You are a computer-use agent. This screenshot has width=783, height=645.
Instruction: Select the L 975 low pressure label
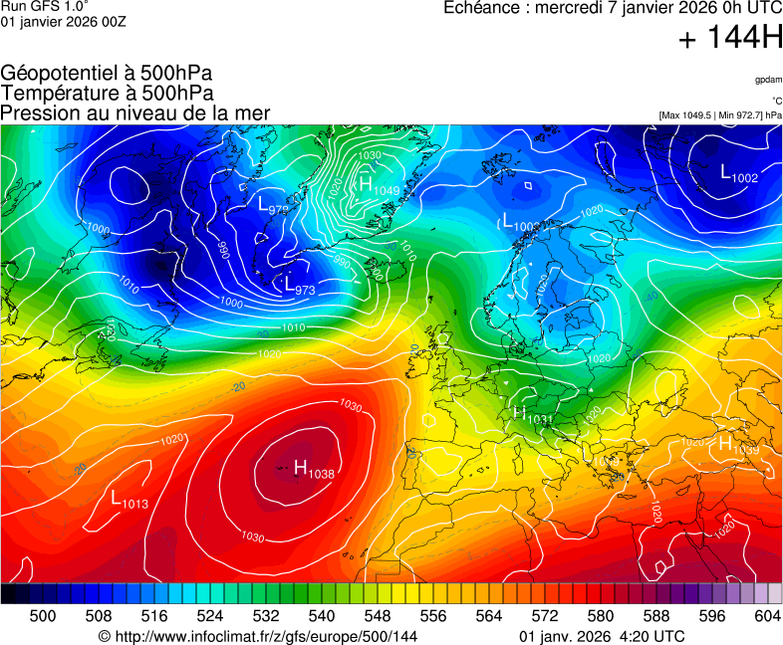[273, 206]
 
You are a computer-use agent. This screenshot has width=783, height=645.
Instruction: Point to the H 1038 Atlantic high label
[313, 469]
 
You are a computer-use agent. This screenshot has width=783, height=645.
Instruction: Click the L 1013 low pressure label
[129, 499]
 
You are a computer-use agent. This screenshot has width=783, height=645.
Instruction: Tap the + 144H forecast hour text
[729, 40]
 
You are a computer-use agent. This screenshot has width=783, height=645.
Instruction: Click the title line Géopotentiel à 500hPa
[107, 74]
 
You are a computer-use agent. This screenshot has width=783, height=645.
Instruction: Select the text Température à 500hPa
[107, 93]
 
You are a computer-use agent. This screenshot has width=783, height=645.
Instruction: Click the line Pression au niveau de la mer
[135, 112]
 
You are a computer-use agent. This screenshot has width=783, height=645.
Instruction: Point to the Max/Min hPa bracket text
[720, 115]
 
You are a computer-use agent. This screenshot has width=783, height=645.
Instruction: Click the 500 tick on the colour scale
[42, 617]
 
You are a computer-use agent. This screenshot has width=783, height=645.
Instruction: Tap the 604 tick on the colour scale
[767, 617]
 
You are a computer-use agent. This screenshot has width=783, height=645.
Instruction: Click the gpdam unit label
[767, 79]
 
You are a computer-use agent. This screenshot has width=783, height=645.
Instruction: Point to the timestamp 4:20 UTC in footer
[652, 636]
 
